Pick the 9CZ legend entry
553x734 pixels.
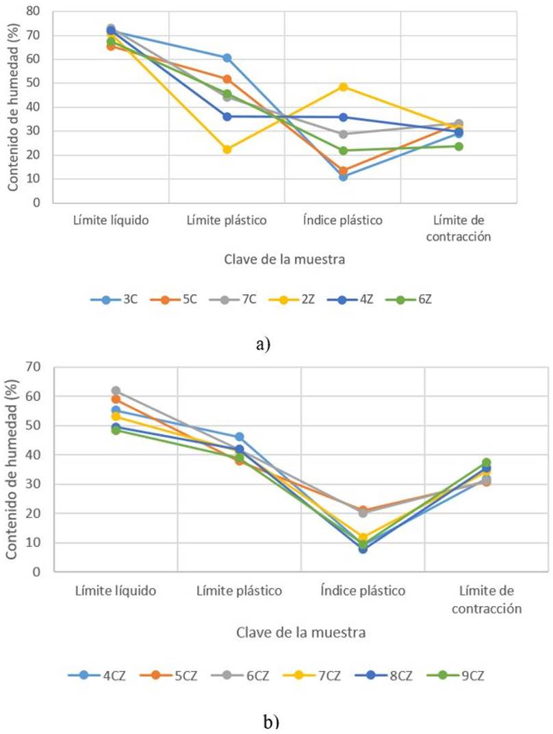pyautogui.click(x=452, y=675)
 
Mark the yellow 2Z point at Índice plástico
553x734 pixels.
pyautogui.click(x=343, y=87)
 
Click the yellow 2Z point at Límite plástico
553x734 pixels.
pyautogui.click(x=227, y=149)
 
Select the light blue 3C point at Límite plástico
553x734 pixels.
pyautogui.click(x=227, y=57)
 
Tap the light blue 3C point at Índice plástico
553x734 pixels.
pyautogui.click(x=343, y=177)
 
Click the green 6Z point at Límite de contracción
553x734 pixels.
pyautogui.click(x=459, y=146)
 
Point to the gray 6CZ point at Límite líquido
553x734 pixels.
pyautogui.click(x=116, y=391)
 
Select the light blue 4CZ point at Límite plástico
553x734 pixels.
pyautogui.click(x=240, y=436)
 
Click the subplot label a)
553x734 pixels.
pyautogui.click(x=263, y=344)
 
